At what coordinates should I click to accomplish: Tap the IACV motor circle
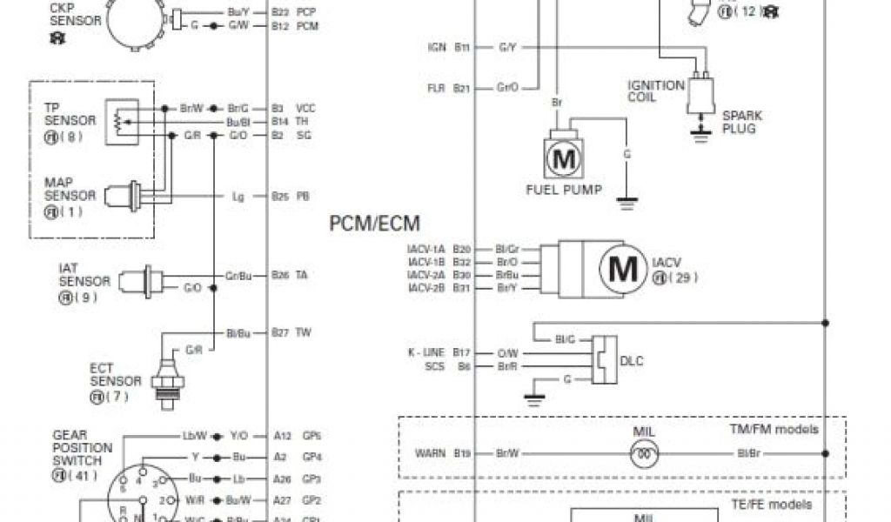(x=621, y=268)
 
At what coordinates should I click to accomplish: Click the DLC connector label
(x=631, y=360)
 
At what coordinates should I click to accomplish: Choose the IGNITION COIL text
(x=656, y=91)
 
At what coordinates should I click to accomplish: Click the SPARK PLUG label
(x=739, y=122)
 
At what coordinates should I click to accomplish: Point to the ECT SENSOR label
(x=115, y=375)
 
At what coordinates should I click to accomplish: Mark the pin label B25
(x=279, y=197)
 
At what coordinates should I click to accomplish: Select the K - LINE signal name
(x=425, y=352)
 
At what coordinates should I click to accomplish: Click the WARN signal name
(x=430, y=452)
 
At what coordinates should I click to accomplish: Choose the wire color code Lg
(x=238, y=197)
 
